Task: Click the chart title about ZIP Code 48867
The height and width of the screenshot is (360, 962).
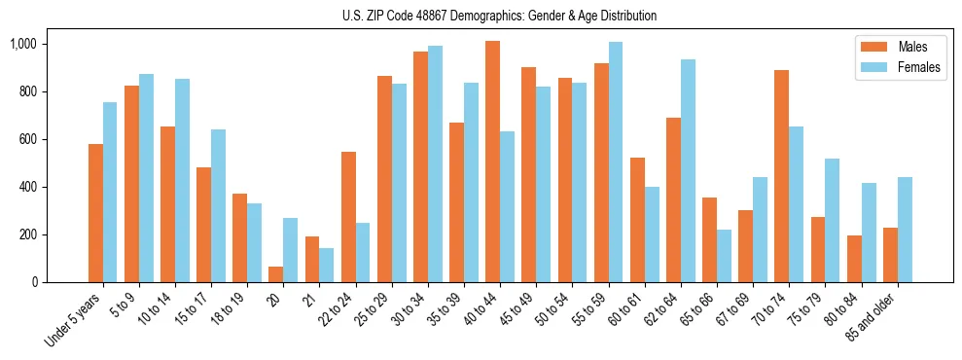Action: [499, 16]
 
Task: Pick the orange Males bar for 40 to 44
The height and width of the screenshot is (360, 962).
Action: [492, 162]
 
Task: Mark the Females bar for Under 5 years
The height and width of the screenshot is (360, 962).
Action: [110, 192]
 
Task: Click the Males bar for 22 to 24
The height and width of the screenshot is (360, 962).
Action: [348, 217]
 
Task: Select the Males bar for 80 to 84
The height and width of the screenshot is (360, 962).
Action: [854, 259]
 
